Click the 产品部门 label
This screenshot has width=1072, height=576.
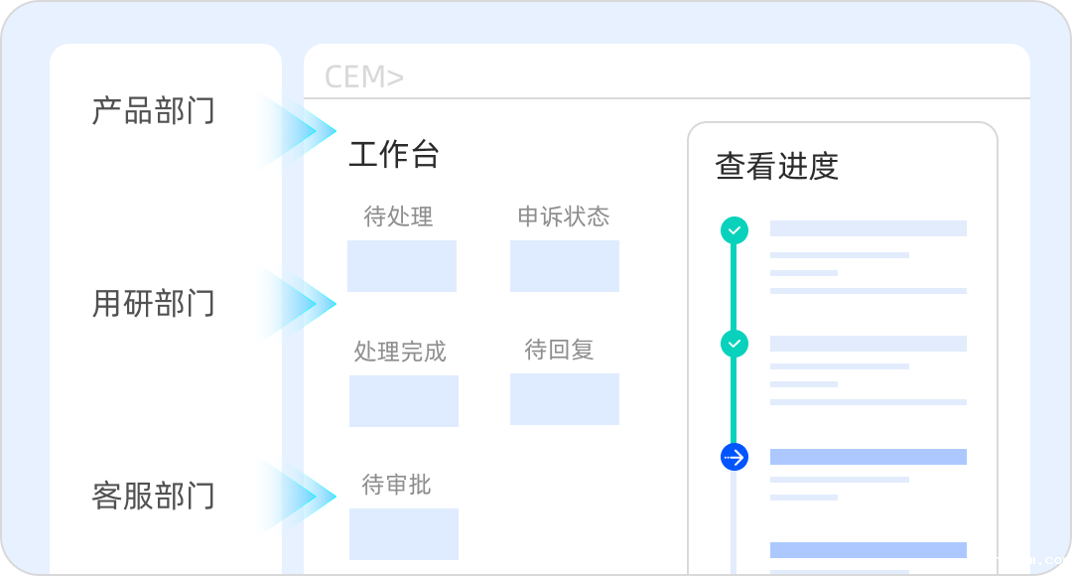[153, 110]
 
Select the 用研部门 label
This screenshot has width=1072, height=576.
[153, 303]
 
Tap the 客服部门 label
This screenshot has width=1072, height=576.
[153, 495]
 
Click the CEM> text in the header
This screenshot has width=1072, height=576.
[364, 77]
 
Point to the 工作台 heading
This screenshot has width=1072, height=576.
[394, 155]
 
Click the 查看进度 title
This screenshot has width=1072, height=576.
[777, 166]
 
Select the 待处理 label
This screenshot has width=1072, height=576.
[398, 216]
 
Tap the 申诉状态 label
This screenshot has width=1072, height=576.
[564, 216]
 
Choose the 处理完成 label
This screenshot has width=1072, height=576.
[400, 352]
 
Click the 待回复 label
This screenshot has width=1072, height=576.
[559, 350]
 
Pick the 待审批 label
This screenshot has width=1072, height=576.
[397, 485]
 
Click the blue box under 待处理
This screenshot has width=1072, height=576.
[402, 266]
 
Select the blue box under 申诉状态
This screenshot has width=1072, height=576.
[565, 266]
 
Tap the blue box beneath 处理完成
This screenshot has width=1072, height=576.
[404, 401]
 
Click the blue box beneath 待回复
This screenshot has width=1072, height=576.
[565, 399]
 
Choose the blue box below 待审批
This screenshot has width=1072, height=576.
[404, 534]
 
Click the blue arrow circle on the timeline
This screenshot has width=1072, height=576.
[735, 457]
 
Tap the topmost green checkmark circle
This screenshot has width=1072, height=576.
[735, 230]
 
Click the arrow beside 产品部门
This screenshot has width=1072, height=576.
[303, 130]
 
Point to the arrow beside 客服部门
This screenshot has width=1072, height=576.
[303, 496]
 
